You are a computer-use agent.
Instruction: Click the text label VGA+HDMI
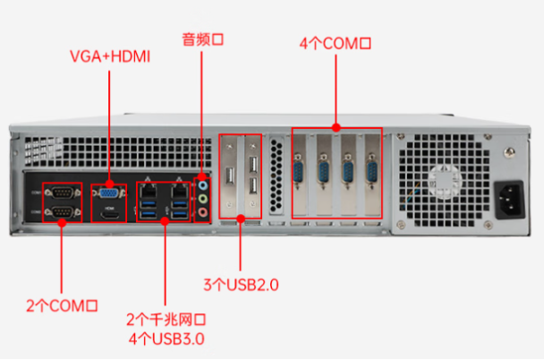point(110,56)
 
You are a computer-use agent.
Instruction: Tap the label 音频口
point(201,39)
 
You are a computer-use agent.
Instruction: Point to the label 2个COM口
point(61,306)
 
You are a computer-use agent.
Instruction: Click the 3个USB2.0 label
point(241,286)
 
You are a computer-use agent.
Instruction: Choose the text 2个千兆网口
point(166,320)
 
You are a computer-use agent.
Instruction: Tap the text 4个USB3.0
point(166,339)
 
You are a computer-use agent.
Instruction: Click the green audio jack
point(203,198)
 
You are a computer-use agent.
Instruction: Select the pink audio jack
point(203,213)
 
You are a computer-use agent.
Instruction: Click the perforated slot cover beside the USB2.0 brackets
point(276,176)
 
